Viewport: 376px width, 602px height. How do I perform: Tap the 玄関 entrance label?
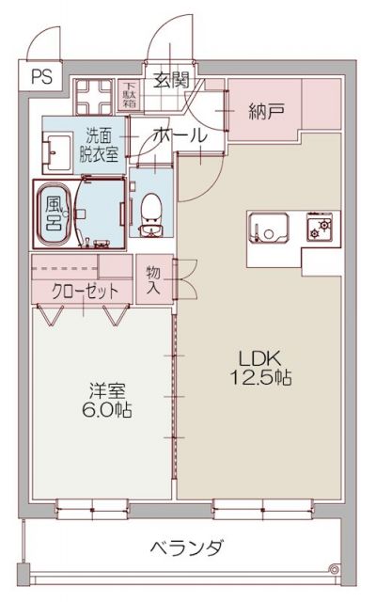(x=171, y=79)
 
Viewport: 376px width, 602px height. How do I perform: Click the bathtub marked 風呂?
(x=55, y=212)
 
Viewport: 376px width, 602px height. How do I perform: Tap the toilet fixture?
(x=148, y=212)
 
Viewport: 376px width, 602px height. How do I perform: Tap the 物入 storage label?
(x=154, y=279)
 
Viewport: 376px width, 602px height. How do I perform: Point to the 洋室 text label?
(x=107, y=390)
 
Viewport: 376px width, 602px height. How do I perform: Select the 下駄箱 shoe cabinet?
(x=129, y=93)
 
